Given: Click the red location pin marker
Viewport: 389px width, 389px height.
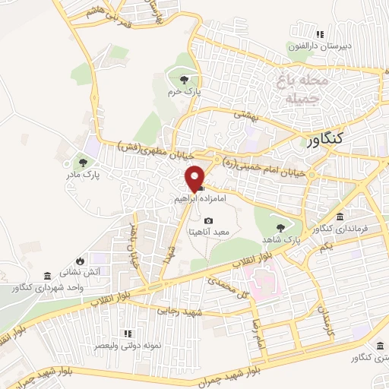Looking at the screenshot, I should (x=195, y=178).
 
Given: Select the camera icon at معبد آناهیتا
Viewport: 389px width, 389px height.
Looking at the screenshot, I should (x=208, y=220).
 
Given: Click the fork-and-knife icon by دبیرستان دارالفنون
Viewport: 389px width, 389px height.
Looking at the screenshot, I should (x=320, y=34).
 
